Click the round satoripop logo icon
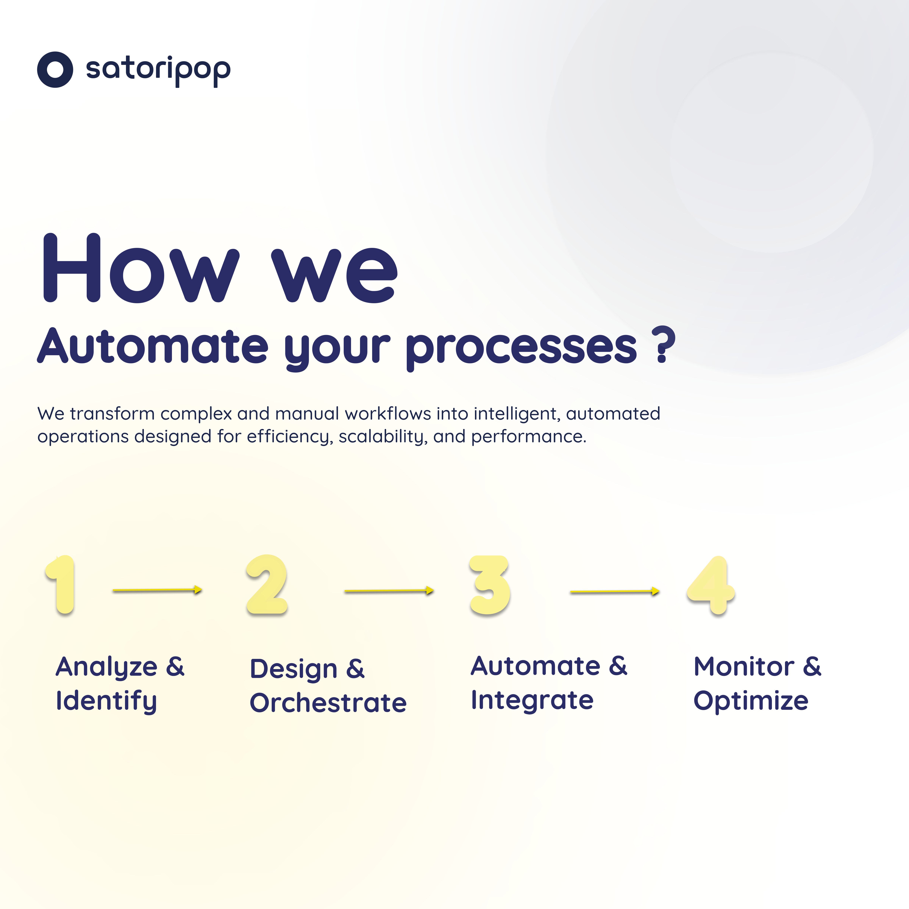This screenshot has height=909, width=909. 55,70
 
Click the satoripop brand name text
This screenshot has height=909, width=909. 158,70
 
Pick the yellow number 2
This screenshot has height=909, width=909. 267,585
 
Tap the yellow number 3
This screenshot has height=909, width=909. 490,585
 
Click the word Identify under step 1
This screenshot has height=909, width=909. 106,701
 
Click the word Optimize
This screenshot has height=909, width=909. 751,701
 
